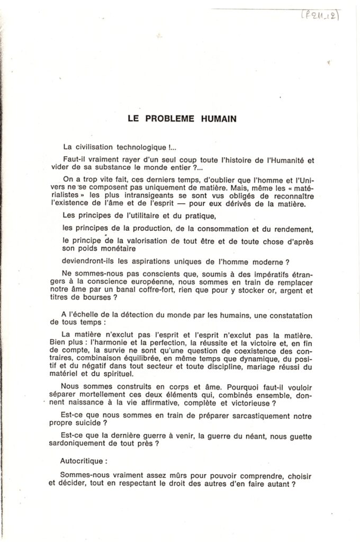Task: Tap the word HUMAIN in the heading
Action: point(218,119)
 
